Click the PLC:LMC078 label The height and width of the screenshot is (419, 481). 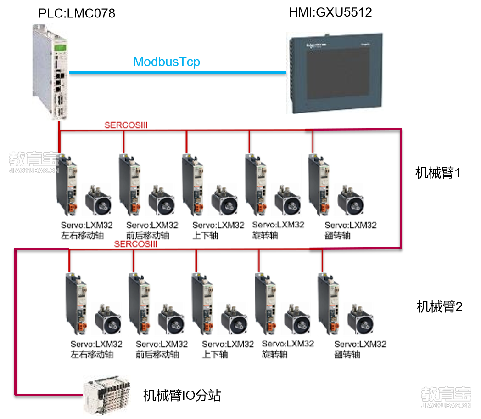77,13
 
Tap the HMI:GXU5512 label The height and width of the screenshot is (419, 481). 330,12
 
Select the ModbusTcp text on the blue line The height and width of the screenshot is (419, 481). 167,62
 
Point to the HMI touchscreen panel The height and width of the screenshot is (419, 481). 335,73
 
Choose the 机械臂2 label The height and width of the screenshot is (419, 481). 439,306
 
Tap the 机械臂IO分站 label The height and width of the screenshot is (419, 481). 182,395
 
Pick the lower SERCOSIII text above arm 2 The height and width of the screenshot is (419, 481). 136,244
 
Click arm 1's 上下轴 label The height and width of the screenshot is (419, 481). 205,236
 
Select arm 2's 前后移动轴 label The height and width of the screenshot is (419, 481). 157,355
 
